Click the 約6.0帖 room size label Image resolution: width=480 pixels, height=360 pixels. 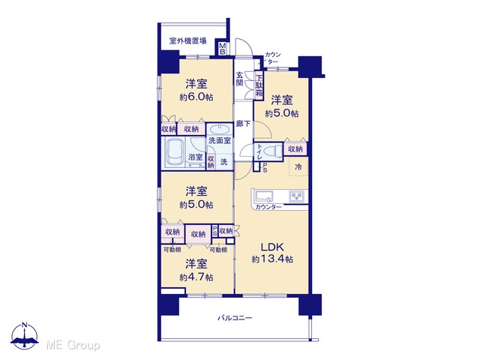(196, 97)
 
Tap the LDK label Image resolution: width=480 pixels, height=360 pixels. (272, 247)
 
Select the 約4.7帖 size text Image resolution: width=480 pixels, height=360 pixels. (196, 277)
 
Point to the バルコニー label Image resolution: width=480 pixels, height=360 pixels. (235, 318)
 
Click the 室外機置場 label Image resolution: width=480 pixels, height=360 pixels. (187, 40)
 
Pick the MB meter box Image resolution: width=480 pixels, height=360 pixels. (223, 49)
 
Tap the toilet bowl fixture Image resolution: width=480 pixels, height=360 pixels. (273, 151)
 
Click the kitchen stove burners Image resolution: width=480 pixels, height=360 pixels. (296, 196)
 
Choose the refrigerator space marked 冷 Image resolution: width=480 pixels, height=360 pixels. (298, 166)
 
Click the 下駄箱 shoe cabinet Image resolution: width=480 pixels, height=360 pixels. (259, 86)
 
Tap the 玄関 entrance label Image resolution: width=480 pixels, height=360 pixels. (240, 79)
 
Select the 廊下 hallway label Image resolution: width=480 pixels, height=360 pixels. (243, 123)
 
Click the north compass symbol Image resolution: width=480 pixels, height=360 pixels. (25, 335)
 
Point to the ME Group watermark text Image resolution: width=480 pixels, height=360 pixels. (73, 345)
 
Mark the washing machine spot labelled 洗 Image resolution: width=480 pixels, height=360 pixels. (224, 162)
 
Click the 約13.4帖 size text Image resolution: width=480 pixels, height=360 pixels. (272, 259)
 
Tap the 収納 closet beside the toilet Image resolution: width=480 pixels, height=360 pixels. (295, 149)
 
